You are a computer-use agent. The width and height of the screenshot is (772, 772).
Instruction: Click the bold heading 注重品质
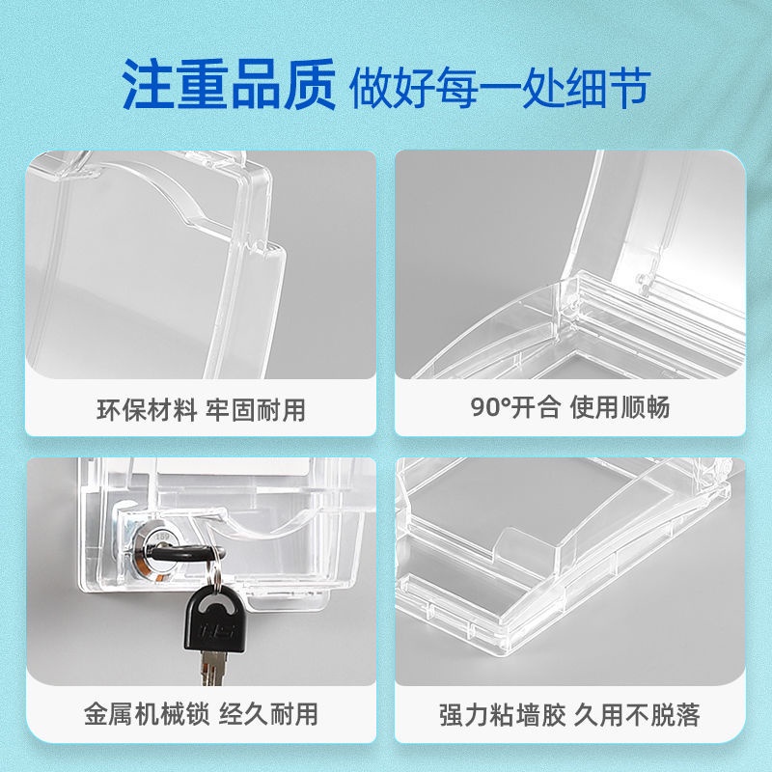tap(229, 84)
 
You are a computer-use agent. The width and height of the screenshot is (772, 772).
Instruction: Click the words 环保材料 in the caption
tap(147, 409)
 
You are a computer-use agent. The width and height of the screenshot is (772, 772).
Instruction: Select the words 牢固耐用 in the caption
tap(256, 409)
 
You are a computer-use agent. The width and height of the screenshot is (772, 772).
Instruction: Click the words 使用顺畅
tap(620, 407)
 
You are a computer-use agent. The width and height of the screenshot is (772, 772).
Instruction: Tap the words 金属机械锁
tap(147, 714)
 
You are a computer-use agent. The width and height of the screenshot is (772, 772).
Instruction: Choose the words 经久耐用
tap(268, 714)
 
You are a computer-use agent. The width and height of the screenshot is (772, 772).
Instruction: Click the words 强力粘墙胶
tap(502, 715)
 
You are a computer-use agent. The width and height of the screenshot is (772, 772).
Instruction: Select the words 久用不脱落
tap(637, 715)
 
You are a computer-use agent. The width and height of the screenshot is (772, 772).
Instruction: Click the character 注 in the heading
tap(148, 84)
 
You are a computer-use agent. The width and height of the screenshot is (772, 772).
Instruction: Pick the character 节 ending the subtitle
tap(629, 88)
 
